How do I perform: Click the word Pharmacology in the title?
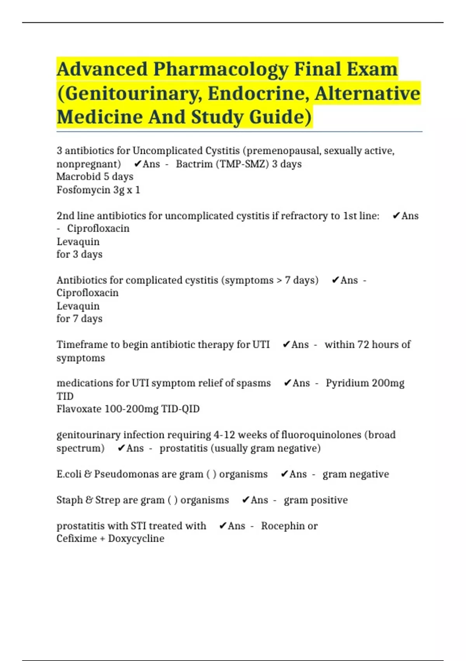click(x=220, y=70)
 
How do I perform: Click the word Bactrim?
click(x=194, y=164)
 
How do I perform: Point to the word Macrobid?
click(x=78, y=177)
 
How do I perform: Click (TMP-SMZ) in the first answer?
click(x=242, y=164)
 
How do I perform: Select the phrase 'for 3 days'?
click(x=80, y=254)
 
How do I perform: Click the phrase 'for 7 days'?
click(x=80, y=319)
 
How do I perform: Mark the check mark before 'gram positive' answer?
click(x=245, y=500)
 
